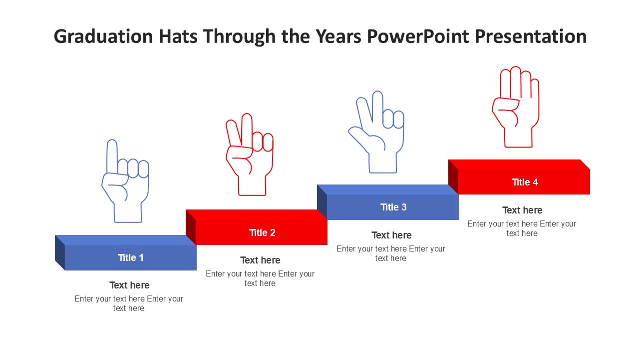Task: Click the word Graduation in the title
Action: [x=103, y=36]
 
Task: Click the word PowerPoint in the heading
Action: [x=418, y=36]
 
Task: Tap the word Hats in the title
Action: [x=178, y=36]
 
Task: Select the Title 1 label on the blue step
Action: [x=131, y=257]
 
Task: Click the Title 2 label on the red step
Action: [x=262, y=232]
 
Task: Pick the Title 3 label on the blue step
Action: [x=393, y=207]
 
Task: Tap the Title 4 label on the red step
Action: [x=525, y=182]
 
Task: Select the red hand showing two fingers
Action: [x=250, y=154]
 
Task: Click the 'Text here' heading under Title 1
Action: [x=129, y=285]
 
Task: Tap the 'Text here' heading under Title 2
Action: [x=260, y=260]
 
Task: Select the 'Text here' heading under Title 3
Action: [x=391, y=235]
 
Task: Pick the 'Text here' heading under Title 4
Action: [x=522, y=210]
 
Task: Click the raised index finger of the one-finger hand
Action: [x=112, y=155]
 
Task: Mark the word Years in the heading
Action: [x=338, y=36]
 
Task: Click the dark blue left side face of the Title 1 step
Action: [x=60, y=252]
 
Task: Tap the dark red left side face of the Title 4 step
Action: [x=453, y=177]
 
